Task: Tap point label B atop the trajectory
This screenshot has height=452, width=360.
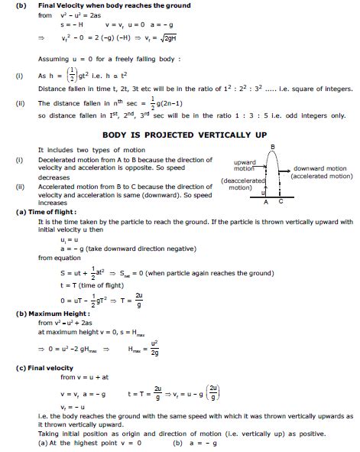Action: pyautogui.click(x=273, y=145)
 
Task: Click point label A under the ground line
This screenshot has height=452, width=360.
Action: pyautogui.click(x=265, y=202)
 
